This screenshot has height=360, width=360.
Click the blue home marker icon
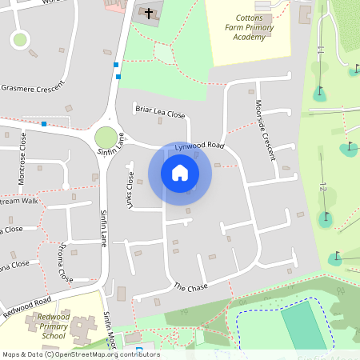(180, 173)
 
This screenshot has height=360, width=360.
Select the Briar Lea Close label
(159, 114)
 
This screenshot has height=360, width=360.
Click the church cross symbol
(148, 14)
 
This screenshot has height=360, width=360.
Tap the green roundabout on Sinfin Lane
(106, 137)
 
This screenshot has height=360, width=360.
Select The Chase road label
(190, 287)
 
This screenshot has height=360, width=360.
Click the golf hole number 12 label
(323, 187)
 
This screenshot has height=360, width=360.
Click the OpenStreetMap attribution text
(80, 354)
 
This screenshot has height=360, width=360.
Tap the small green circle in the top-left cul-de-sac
(20, 38)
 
